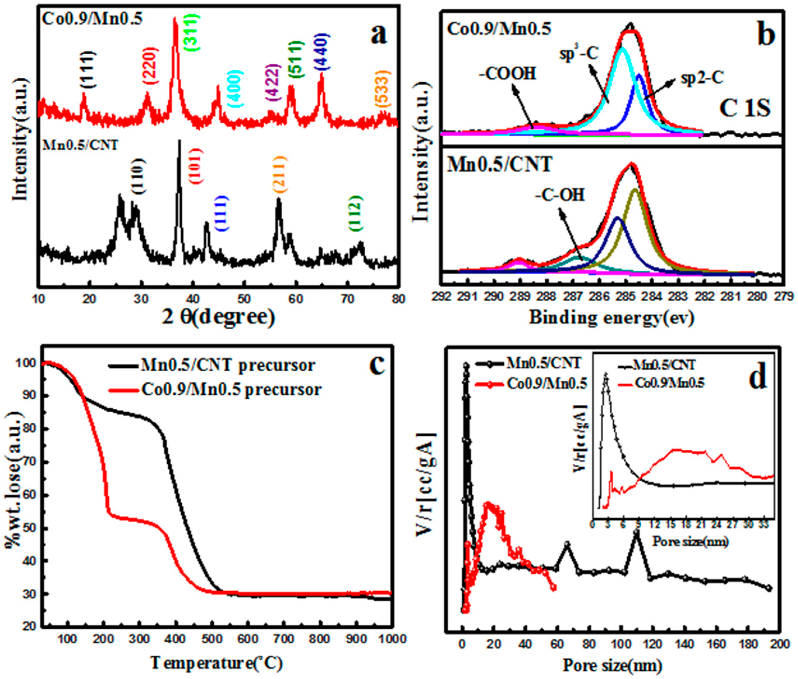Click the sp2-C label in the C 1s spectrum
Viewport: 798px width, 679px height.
pos(702,78)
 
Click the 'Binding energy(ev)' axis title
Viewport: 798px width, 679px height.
pos(611,318)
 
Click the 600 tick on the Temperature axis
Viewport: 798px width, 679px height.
pos(248,639)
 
